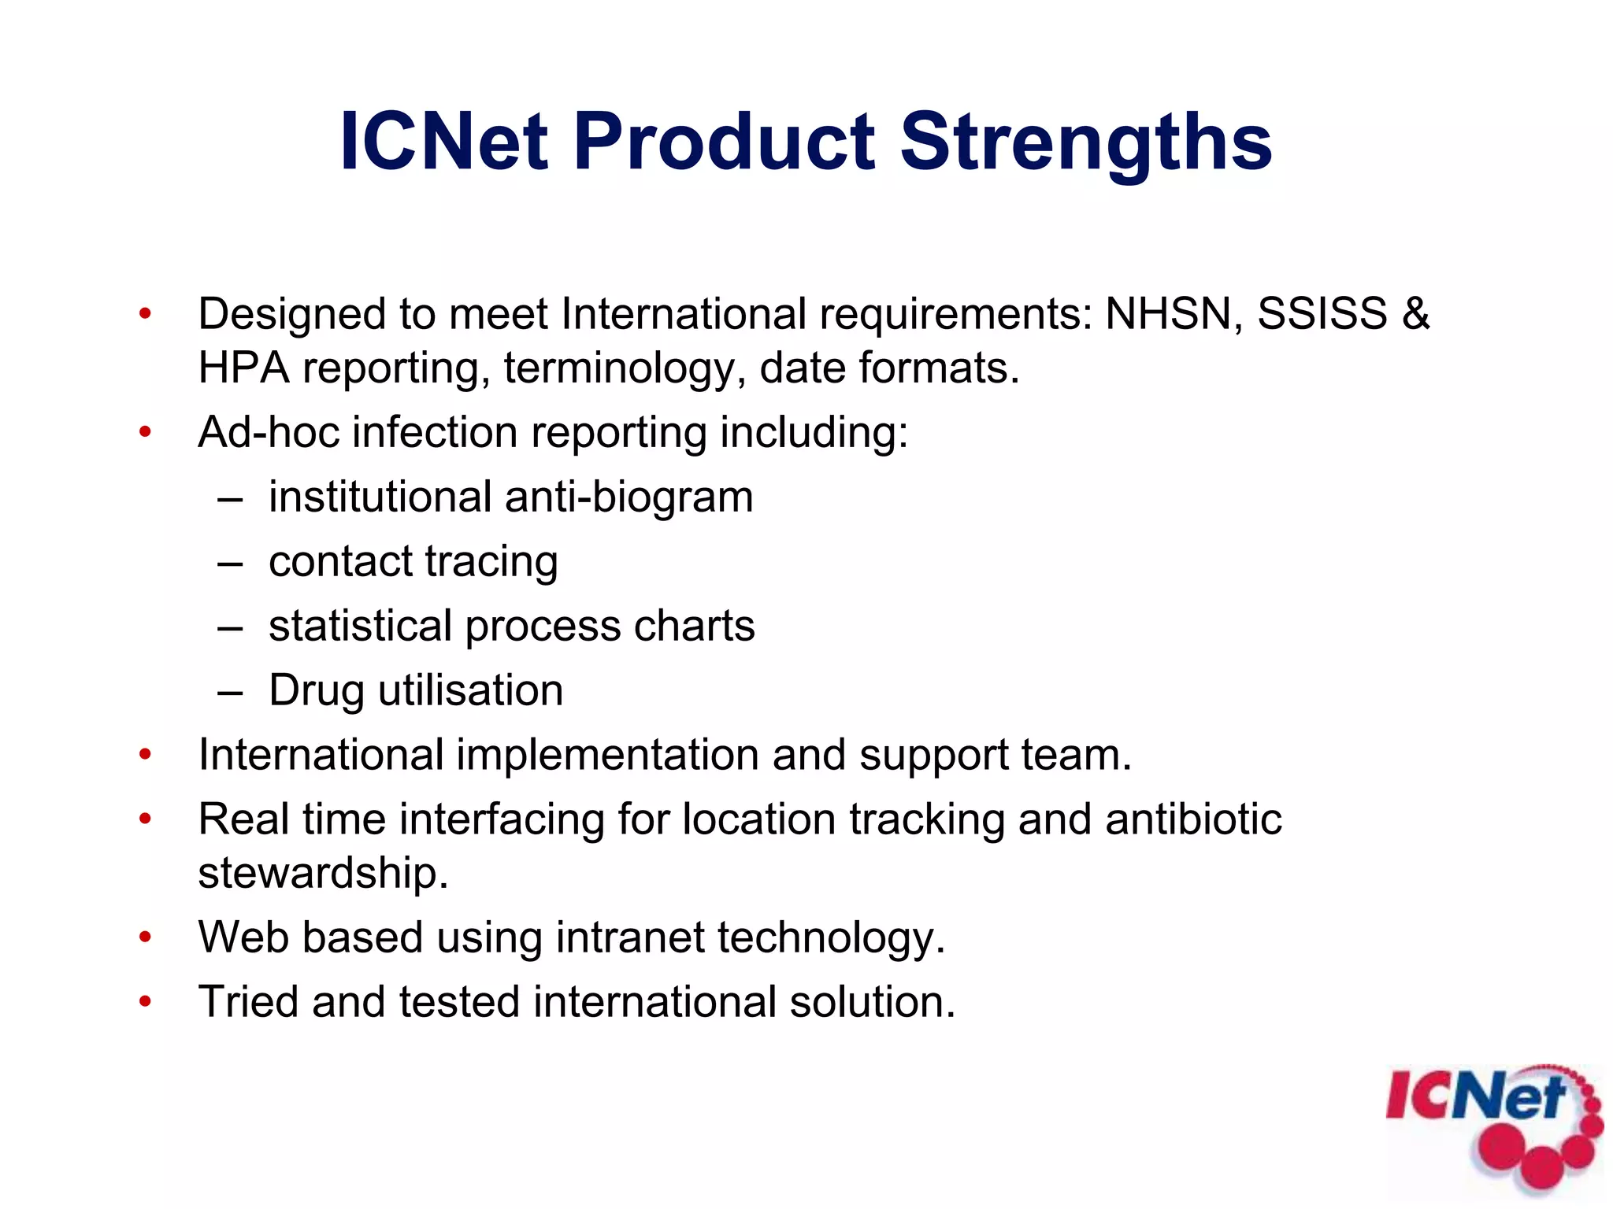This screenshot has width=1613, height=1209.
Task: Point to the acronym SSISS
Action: point(1322,314)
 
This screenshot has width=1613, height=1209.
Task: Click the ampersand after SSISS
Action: point(1415,314)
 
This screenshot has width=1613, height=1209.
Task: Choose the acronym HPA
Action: point(243,368)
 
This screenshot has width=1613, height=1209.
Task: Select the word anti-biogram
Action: point(629,497)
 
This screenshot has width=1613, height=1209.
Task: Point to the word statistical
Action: point(360,627)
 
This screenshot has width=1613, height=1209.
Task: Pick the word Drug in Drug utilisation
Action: point(316,691)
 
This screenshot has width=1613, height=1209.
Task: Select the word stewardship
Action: point(322,874)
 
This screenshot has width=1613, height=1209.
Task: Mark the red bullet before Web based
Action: point(145,937)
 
